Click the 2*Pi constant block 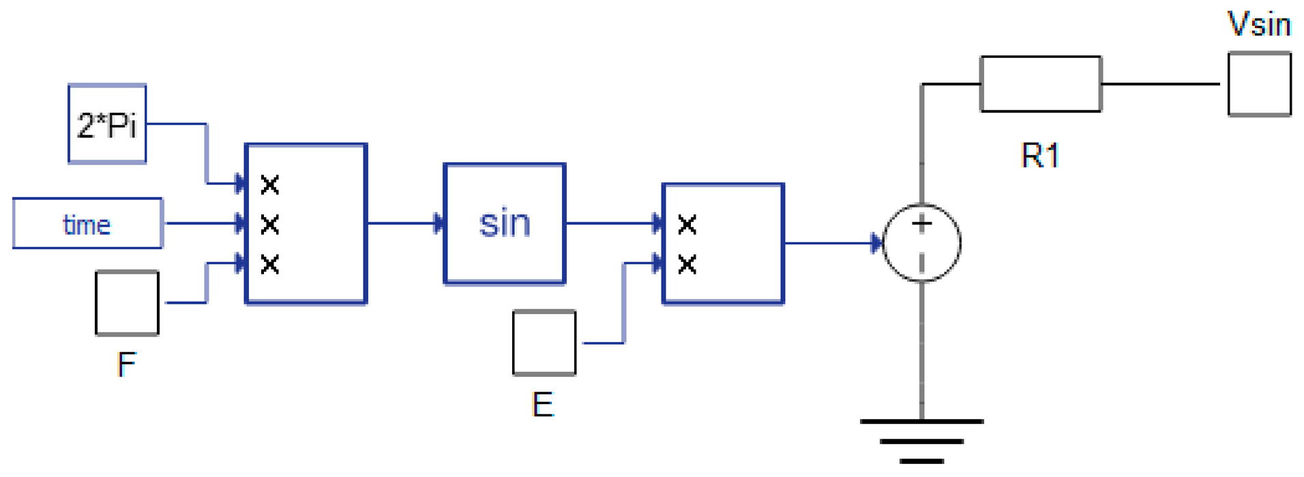[107, 124]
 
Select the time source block [87, 224]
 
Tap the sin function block [504, 224]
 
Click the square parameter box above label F [127, 303]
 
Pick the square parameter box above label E [544, 343]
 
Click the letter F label [126, 364]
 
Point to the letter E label [542, 405]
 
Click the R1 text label [1039, 156]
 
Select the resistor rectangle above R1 [1040, 84]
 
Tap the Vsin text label [1258, 25]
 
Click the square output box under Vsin [1259, 85]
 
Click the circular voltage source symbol [921, 243]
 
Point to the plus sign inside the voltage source [921, 223]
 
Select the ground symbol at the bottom [921, 440]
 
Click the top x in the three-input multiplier [270, 184]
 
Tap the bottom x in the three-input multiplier [270, 264]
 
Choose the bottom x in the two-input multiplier [687, 264]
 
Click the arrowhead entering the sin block [439, 224]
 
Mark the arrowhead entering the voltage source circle [876, 243]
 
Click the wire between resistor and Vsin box [1159, 84]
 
